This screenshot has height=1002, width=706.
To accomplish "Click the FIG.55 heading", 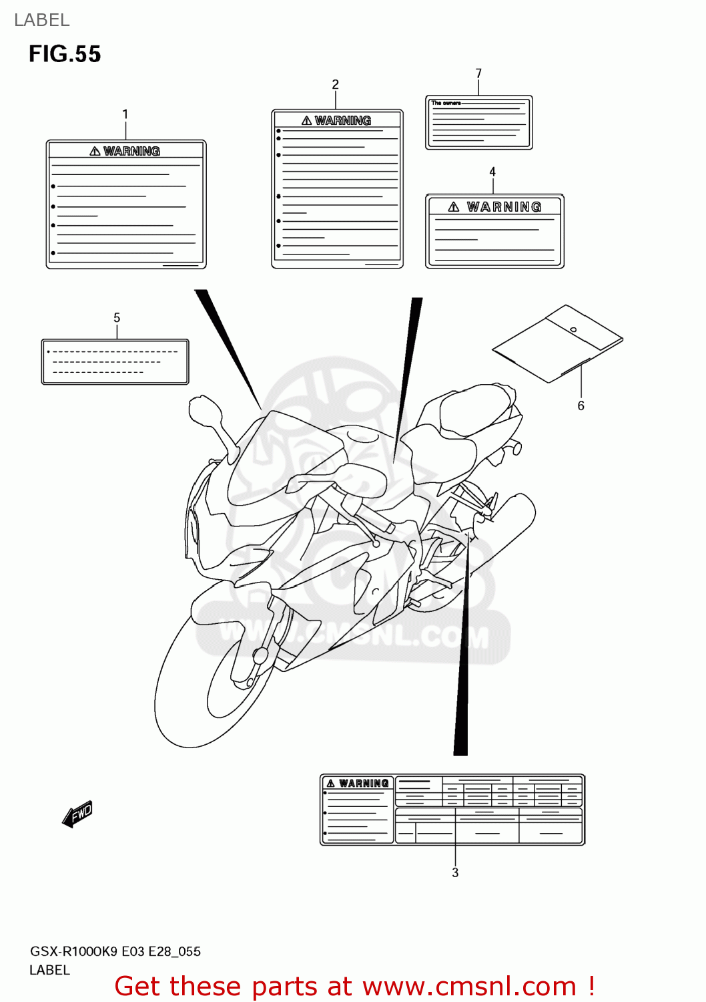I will click(x=65, y=54).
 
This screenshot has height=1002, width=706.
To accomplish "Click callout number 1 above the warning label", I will click(x=125, y=114).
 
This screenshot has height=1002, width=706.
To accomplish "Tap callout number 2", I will click(x=335, y=84).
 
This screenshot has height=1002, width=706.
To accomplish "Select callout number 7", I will click(x=478, y=73).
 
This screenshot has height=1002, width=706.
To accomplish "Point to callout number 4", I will click(x=492, y=172).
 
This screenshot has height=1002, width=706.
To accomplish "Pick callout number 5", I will click(x=117, y=318).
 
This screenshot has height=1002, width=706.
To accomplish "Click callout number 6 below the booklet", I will click(x=581, y=405).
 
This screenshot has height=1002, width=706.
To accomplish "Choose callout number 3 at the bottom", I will click(x=455, y=872).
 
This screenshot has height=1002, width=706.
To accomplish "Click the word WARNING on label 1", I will click(x=131, y=152).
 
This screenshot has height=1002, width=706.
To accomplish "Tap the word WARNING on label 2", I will click(x=342, y=121).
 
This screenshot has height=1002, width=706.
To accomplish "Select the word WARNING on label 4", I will click(x=504, y=207).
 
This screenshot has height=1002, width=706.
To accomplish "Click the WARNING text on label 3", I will click(x=363, y=784).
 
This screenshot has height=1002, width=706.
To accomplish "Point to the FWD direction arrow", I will click(x=77, y=814).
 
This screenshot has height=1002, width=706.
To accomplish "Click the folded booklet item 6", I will click(x=557, y=343).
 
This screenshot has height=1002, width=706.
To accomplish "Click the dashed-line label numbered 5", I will click(x=115, y=361).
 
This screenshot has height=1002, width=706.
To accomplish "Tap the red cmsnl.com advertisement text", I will click(x=354, y=986).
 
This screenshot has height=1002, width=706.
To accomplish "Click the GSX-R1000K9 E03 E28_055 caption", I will click(x=115, y=951).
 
